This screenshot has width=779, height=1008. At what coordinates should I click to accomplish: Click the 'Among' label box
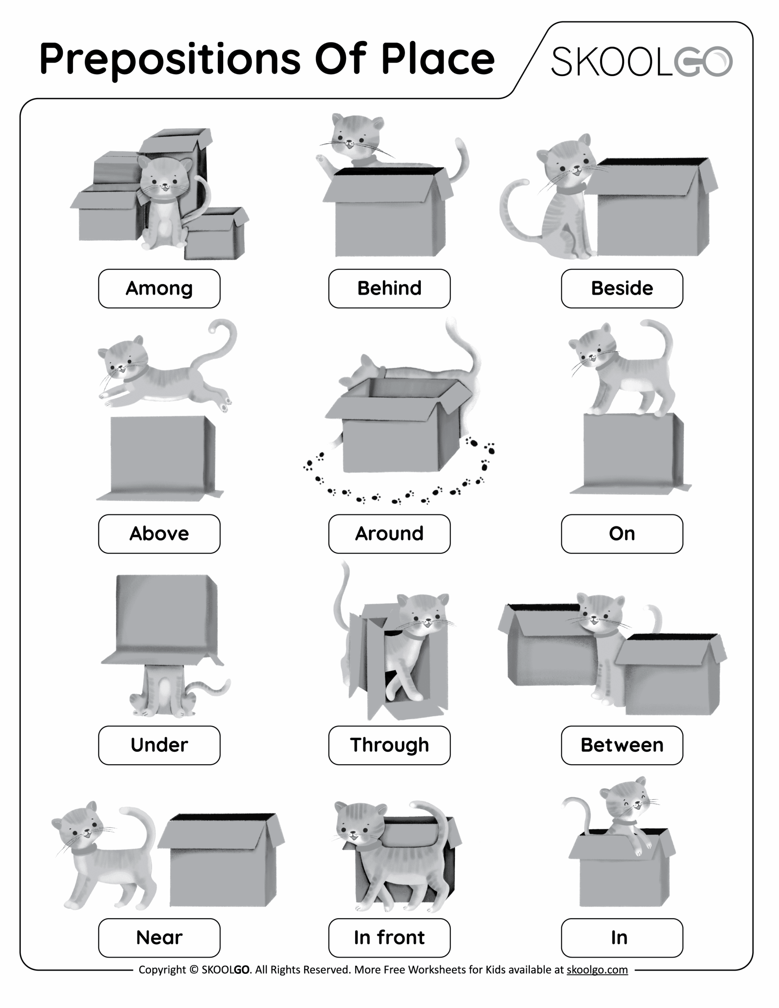click(x=159, y=289)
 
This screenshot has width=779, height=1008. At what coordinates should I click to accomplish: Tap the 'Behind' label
click(x=389, y=289)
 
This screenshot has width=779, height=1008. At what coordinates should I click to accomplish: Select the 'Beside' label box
click(x=622, y=289)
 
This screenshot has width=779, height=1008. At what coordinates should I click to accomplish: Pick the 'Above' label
click(x=159, y=534)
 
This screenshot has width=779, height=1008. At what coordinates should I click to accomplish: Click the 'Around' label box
click(x=389, y=534)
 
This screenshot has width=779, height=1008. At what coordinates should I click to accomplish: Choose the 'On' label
click(x=622, y=534)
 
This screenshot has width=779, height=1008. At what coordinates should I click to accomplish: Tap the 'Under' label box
click(x=159, y=745)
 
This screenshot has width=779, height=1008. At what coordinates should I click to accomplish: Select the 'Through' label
click(x=389, y=745)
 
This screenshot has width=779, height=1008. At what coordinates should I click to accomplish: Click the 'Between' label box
click(x=622, y=745)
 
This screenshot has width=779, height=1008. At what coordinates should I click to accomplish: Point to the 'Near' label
click(x=159, y=938)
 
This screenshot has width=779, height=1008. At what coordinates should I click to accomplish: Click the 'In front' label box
click(x=389, y=938)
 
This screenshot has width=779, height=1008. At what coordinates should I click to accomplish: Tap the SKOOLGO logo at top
click(x=642, y=61)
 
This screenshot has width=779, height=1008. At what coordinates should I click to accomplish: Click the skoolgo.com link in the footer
click(x=597, y=970)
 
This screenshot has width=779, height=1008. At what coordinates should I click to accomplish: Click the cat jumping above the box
click(x=161, y=374)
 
